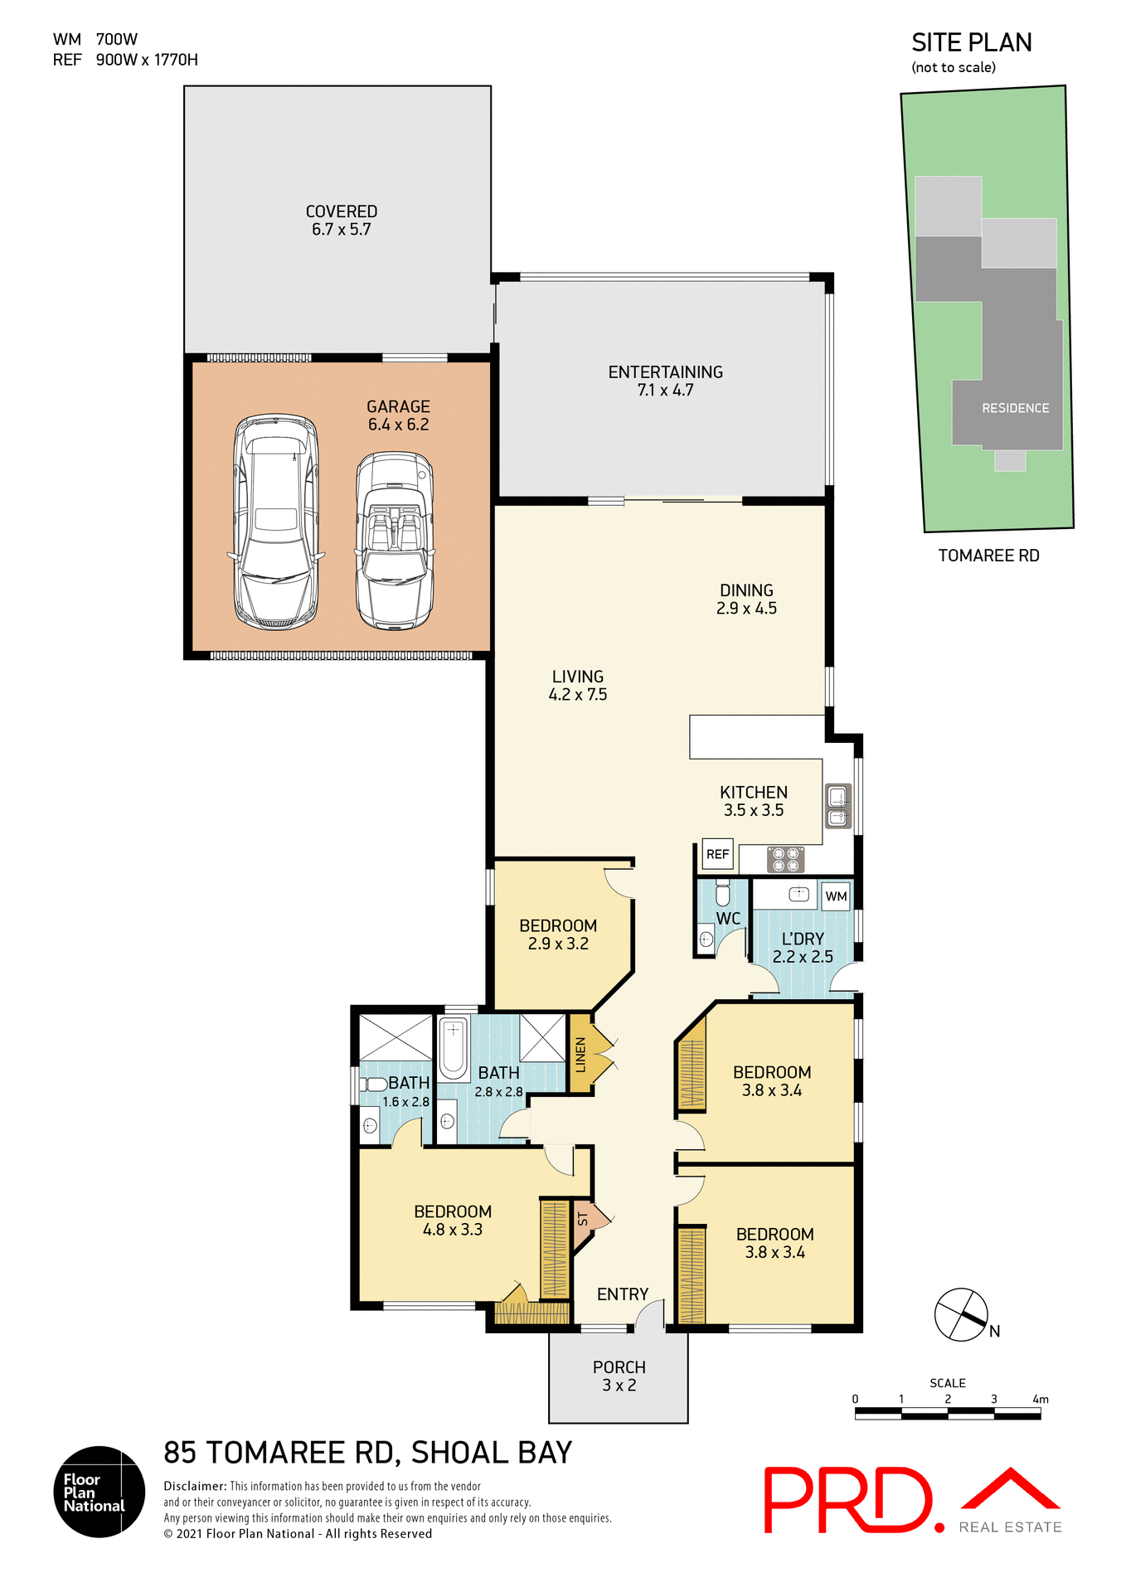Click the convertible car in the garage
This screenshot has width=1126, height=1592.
(395, 541)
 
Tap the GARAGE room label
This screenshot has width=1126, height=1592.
(398, 406)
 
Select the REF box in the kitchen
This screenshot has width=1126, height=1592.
(717, 854)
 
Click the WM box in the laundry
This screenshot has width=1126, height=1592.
(836, 896)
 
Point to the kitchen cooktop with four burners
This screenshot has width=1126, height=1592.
(785, 859)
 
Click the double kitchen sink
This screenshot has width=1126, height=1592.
(838, 807)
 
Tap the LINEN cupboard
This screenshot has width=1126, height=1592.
(580, 1054)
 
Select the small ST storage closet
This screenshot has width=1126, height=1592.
(584, 1221)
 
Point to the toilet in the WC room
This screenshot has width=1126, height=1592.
(722, 894)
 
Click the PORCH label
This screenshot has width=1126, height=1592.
(619, 1367)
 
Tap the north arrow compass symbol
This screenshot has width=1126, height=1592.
(962, 1315)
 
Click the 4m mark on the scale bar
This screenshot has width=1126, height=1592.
(1040, 1400)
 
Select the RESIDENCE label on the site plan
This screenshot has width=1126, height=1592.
(1015, 408)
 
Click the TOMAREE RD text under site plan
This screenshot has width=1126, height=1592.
(988, 556)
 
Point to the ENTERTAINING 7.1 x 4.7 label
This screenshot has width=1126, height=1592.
(665, 381)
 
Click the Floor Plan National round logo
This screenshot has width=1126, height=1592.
(99, 1492)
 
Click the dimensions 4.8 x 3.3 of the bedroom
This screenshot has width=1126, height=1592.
(452, 1230)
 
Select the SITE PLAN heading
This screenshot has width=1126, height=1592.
(971, 43)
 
